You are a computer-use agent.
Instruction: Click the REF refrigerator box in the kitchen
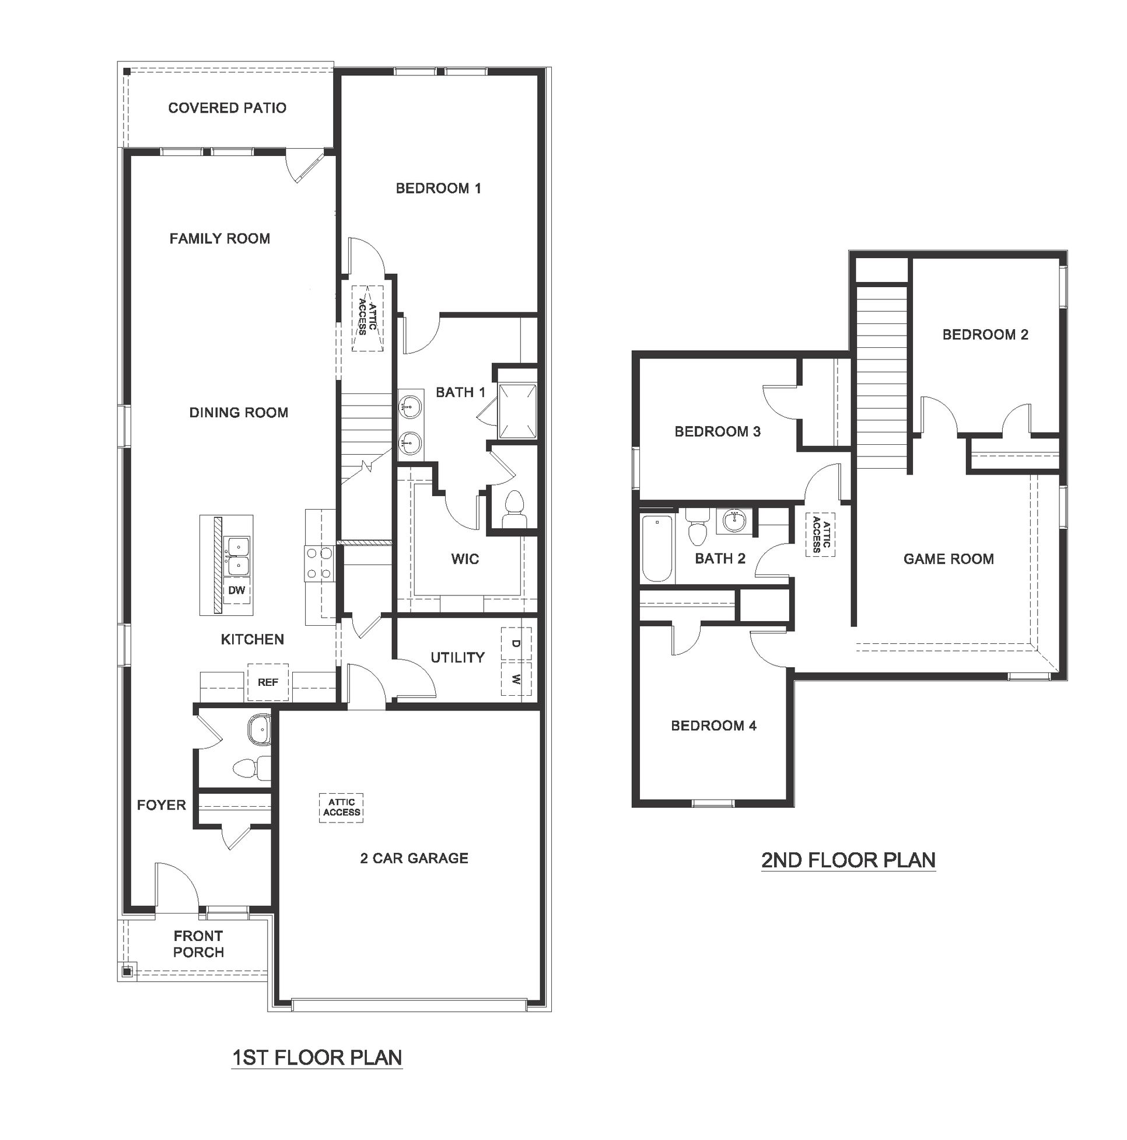pos(267,683)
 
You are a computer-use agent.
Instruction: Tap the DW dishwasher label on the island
pos(236,590)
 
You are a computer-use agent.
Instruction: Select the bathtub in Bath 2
pos(656,548)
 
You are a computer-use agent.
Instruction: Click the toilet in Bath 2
pos(697,529)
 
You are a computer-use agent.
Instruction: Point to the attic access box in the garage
pos(341,807)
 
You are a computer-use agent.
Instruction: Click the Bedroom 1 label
pos(438,188)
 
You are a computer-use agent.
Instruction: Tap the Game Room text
pos(949,559)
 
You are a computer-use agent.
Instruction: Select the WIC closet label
pos(465,559)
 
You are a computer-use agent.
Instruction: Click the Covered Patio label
pos(227,108)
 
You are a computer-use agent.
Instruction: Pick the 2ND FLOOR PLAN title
pos(848,860)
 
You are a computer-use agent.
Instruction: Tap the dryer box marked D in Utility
pos(516,644)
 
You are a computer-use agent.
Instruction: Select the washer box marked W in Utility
pos(516,679)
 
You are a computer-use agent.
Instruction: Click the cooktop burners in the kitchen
pos(319,563)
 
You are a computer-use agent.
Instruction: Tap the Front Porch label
pos(198,944)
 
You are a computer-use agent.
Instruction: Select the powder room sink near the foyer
pos(258,730)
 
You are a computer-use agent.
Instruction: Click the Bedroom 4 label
pos(713,726)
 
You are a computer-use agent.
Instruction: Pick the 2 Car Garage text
pos(414,858)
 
